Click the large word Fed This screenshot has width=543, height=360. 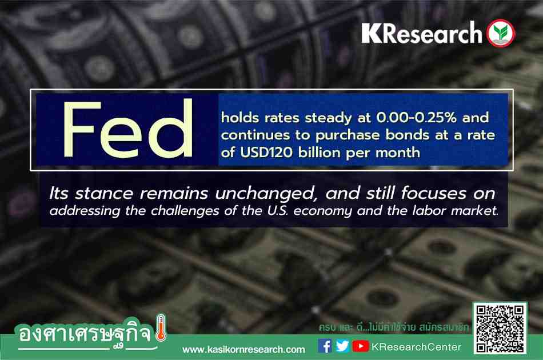(x=127, y=129)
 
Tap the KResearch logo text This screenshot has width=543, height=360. (x=421, y=33)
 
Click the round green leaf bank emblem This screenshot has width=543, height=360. (x=501, y=33)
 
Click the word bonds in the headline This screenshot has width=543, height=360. (x=407, y=135)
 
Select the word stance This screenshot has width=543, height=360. (x=103, y=194)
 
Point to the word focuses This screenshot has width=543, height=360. (x=434, y=193)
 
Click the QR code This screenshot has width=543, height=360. (x=500, y=329)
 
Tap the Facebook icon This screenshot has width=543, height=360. (x=325, y=346)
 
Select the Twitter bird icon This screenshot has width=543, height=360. (x=342, y=346)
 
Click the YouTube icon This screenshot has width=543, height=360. (x=361, y=346)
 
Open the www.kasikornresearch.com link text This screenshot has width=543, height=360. (x=243, y=350)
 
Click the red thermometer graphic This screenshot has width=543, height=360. (x=161, y=327)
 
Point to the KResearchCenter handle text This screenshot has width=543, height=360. (x=416, y=347)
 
